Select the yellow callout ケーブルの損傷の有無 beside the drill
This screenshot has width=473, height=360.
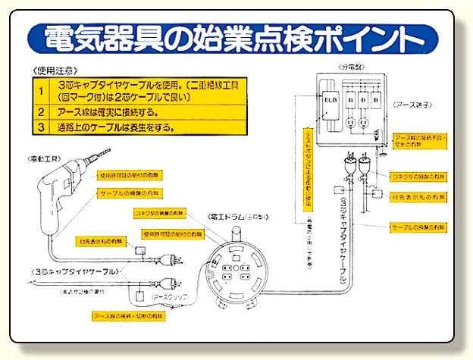[125, 194]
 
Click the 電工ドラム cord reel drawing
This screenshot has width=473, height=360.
[241, 272]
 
